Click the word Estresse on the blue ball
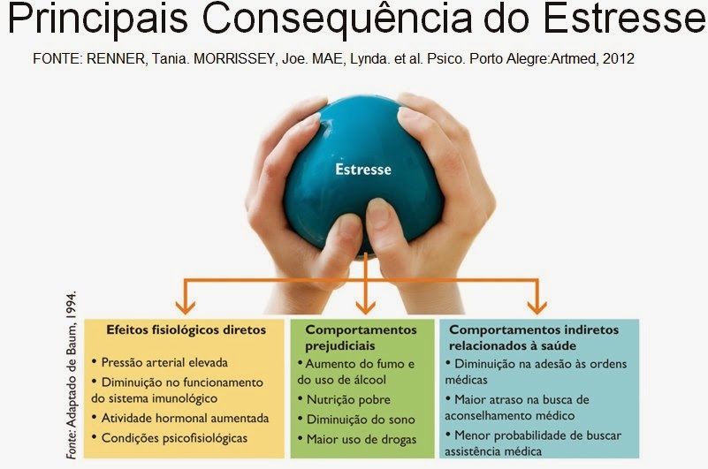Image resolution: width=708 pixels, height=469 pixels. coord(363,170)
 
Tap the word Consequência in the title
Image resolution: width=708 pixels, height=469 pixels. coord(337,18)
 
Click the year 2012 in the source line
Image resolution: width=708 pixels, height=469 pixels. coord(619,58)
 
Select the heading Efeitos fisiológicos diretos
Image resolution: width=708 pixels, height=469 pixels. coord(186,330)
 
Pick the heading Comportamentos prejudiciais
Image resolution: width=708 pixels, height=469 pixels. coord(361,337)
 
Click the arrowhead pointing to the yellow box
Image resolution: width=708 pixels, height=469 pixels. coord(185,307)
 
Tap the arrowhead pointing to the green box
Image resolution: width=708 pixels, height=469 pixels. coord(365,307)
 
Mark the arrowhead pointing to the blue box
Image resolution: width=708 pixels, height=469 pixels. coord(537,307)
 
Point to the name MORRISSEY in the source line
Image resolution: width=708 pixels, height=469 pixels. coord(235,58)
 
